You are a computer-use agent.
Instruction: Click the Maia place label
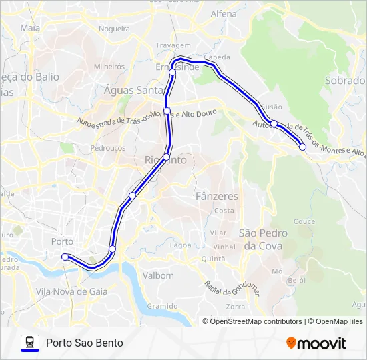pos(30,28)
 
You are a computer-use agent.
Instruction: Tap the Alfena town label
pos(223,13)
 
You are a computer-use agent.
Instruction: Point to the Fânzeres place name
pos(217,197)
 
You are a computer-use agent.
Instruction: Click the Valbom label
pos(159,275)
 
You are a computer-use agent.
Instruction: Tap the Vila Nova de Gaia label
pos(71,291)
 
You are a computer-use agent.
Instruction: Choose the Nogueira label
pos(114,29)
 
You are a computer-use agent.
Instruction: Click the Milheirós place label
pos(109,67)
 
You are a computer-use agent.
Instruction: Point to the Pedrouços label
pos(108,147)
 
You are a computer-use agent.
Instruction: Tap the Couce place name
pos(304,221)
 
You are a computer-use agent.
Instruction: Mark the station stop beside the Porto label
pos(65,257)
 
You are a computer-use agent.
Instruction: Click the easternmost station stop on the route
pos(303,147)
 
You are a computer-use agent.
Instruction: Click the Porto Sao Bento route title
pos(85,343)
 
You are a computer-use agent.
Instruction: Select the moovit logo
pos(316,343)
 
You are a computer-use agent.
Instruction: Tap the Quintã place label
pos(213,259)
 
